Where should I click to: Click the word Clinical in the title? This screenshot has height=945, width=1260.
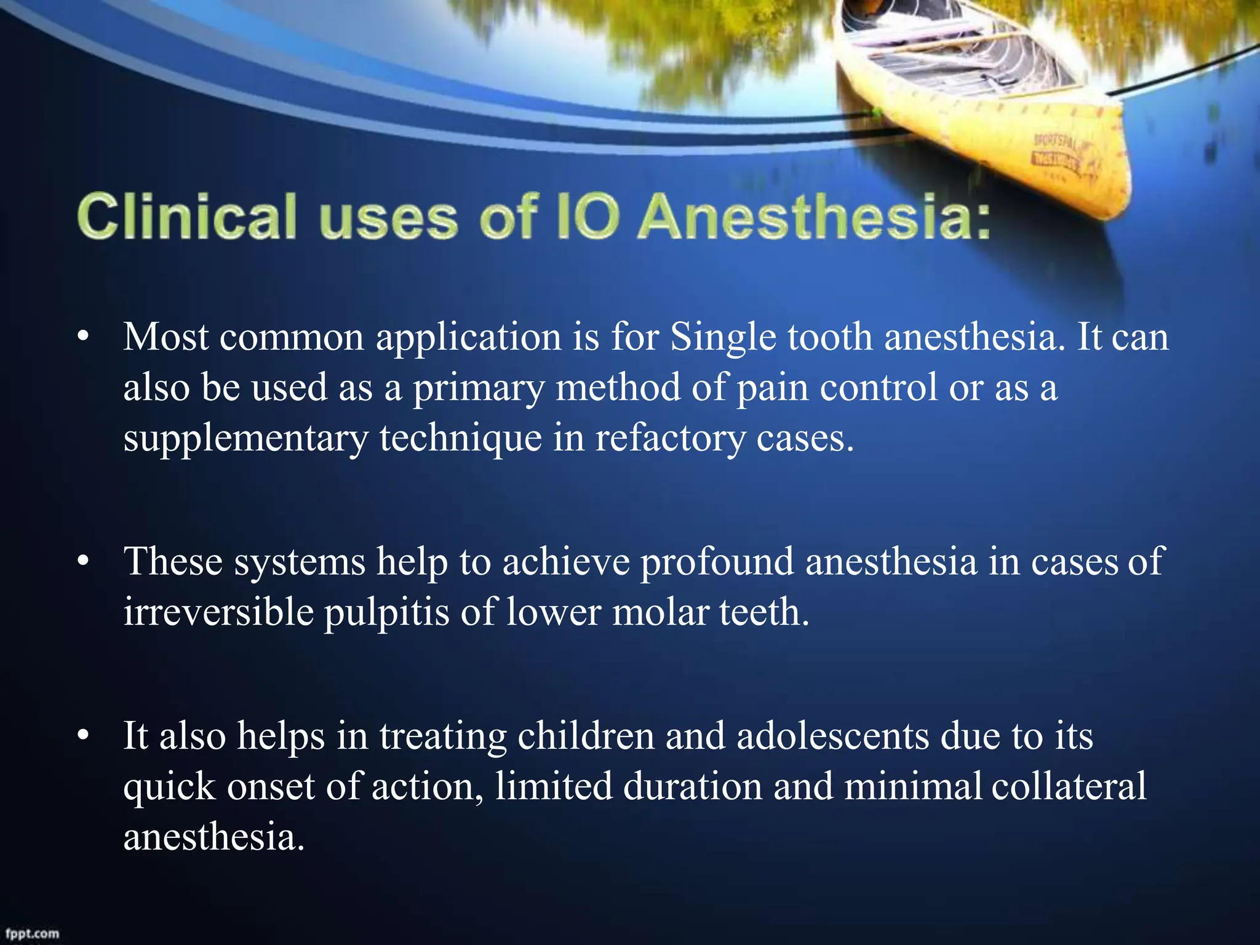coord(187,217)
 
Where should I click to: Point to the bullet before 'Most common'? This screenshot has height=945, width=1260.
coord(84,337)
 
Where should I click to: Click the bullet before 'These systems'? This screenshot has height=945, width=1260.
coord(84,562)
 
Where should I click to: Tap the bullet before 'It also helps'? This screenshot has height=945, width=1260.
coord(84,736)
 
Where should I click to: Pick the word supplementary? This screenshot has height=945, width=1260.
coord(245,439)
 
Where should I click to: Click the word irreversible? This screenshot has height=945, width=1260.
coord(218,612)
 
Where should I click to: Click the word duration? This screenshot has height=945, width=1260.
coord(692,786)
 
